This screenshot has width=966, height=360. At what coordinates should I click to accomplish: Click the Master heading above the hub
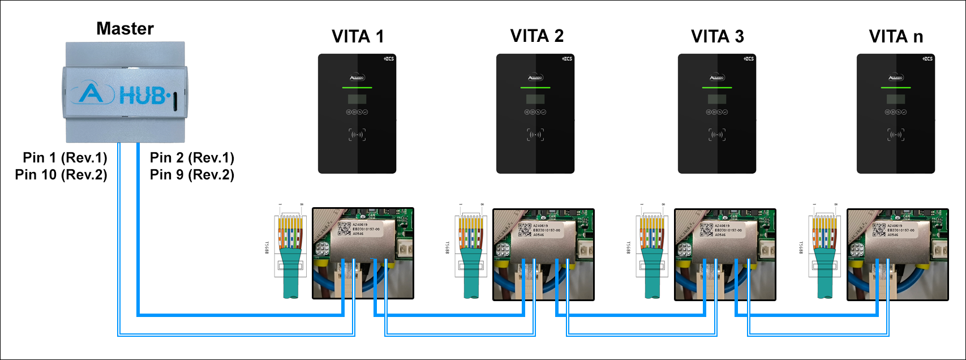(x=125, y=28)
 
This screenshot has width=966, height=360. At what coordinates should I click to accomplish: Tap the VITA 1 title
(x=358, y=37)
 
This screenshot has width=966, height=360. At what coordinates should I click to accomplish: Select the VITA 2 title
(x=536, y=36)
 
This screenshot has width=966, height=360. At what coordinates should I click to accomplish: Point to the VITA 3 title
(x=717, y=37)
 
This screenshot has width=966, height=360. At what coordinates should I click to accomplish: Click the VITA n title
(x=896, y=37)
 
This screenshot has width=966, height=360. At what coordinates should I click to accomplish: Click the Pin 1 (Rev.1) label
(x=65, y=157)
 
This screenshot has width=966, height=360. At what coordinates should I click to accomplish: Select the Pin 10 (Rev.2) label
(x=61, y=174)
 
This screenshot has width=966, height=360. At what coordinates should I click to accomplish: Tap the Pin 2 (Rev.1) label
(x=192, y=157)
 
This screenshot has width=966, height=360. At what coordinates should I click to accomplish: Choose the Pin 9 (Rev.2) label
(x=192, y=174)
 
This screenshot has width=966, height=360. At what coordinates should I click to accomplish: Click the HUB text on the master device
(x=143, y=96)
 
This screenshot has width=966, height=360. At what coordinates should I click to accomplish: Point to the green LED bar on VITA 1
(x=357, y=88)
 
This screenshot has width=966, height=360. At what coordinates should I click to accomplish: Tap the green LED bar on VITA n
(x=896, y=88)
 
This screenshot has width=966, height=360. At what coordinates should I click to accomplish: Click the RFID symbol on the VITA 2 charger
(x=535, y=135)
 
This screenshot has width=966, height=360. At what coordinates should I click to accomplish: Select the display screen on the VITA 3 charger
(x=717, y=100)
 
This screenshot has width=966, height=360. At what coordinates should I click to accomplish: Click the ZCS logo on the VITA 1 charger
(x=389, y=58)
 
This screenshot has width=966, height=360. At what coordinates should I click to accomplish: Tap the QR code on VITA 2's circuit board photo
(x=525, y=229)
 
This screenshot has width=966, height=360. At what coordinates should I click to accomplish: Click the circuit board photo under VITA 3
(x=725, y=254)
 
